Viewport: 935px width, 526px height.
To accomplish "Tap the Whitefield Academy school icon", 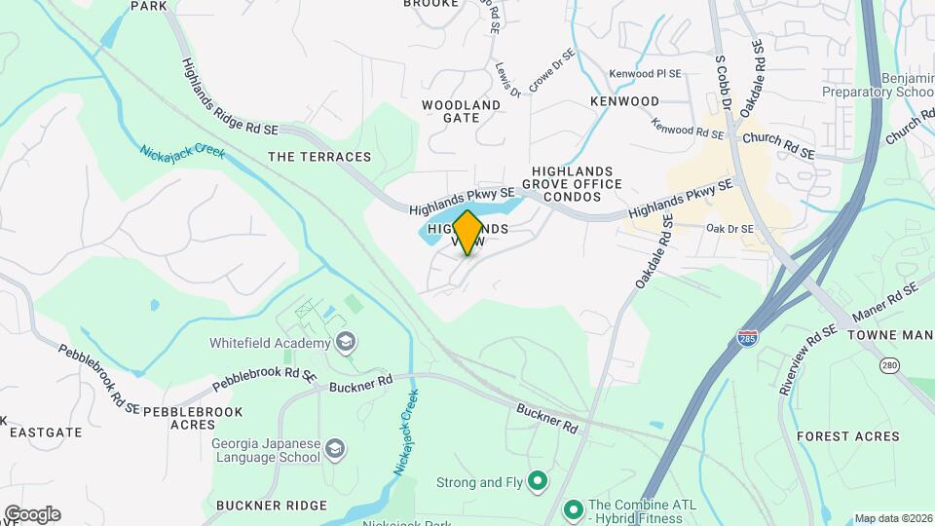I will [345, 342].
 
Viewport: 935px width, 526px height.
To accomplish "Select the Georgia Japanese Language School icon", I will [335, 448].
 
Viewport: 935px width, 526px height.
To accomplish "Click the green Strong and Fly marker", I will [537, 480].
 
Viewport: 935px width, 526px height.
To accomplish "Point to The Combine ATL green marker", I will [573, 508].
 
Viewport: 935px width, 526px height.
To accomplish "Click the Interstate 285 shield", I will [747, 338].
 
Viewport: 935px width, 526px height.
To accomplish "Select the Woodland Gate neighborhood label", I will [462, 111].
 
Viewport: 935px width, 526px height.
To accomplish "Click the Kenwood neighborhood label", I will [624, 101].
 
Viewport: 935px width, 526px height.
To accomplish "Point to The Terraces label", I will [319, 157].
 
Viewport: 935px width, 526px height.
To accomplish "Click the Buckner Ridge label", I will [263, 505].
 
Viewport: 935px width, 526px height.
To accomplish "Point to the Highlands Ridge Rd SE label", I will [230, 95].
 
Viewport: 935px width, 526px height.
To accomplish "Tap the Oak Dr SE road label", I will [730, 229].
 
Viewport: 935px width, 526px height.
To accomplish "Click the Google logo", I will [32, 514].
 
